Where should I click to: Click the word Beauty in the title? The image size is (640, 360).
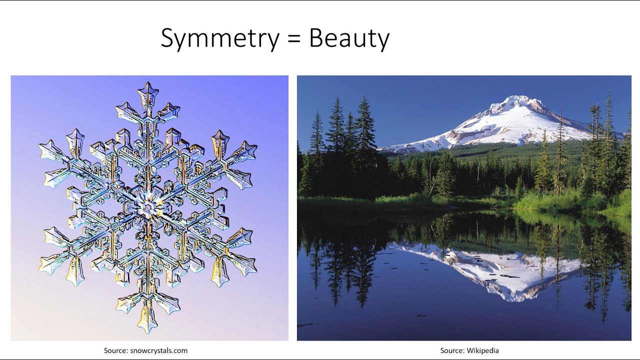348,39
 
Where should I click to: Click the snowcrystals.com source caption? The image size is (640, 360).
145,350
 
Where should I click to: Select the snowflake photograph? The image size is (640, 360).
149,208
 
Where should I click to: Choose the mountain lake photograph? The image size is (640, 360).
464,208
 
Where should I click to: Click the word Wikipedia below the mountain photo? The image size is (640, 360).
482,350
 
